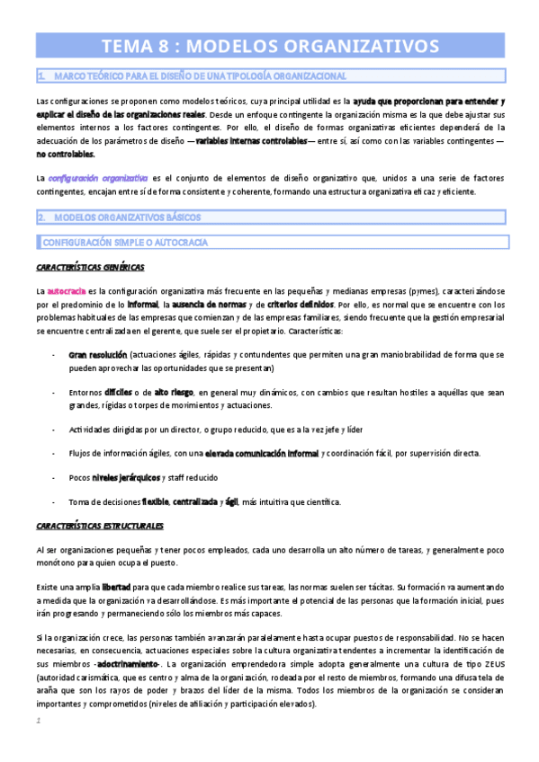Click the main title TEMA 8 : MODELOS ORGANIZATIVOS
click(269, 46)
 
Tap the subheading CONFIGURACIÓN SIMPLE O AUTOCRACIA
click(125, 242)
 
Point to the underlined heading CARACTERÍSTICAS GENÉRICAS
click(90, 268)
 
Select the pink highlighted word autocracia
click(67, 292)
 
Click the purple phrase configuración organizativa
click(99, 179)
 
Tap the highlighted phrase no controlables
click(65, 155)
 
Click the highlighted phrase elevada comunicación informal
click(262, 453)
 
